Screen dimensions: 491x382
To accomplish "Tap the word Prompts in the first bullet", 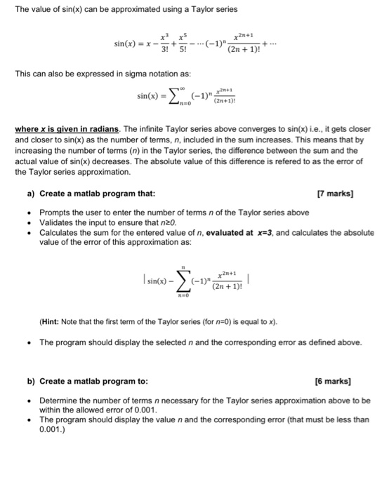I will click(55, 212).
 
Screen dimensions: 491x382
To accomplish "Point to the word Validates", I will click(57, 222).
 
